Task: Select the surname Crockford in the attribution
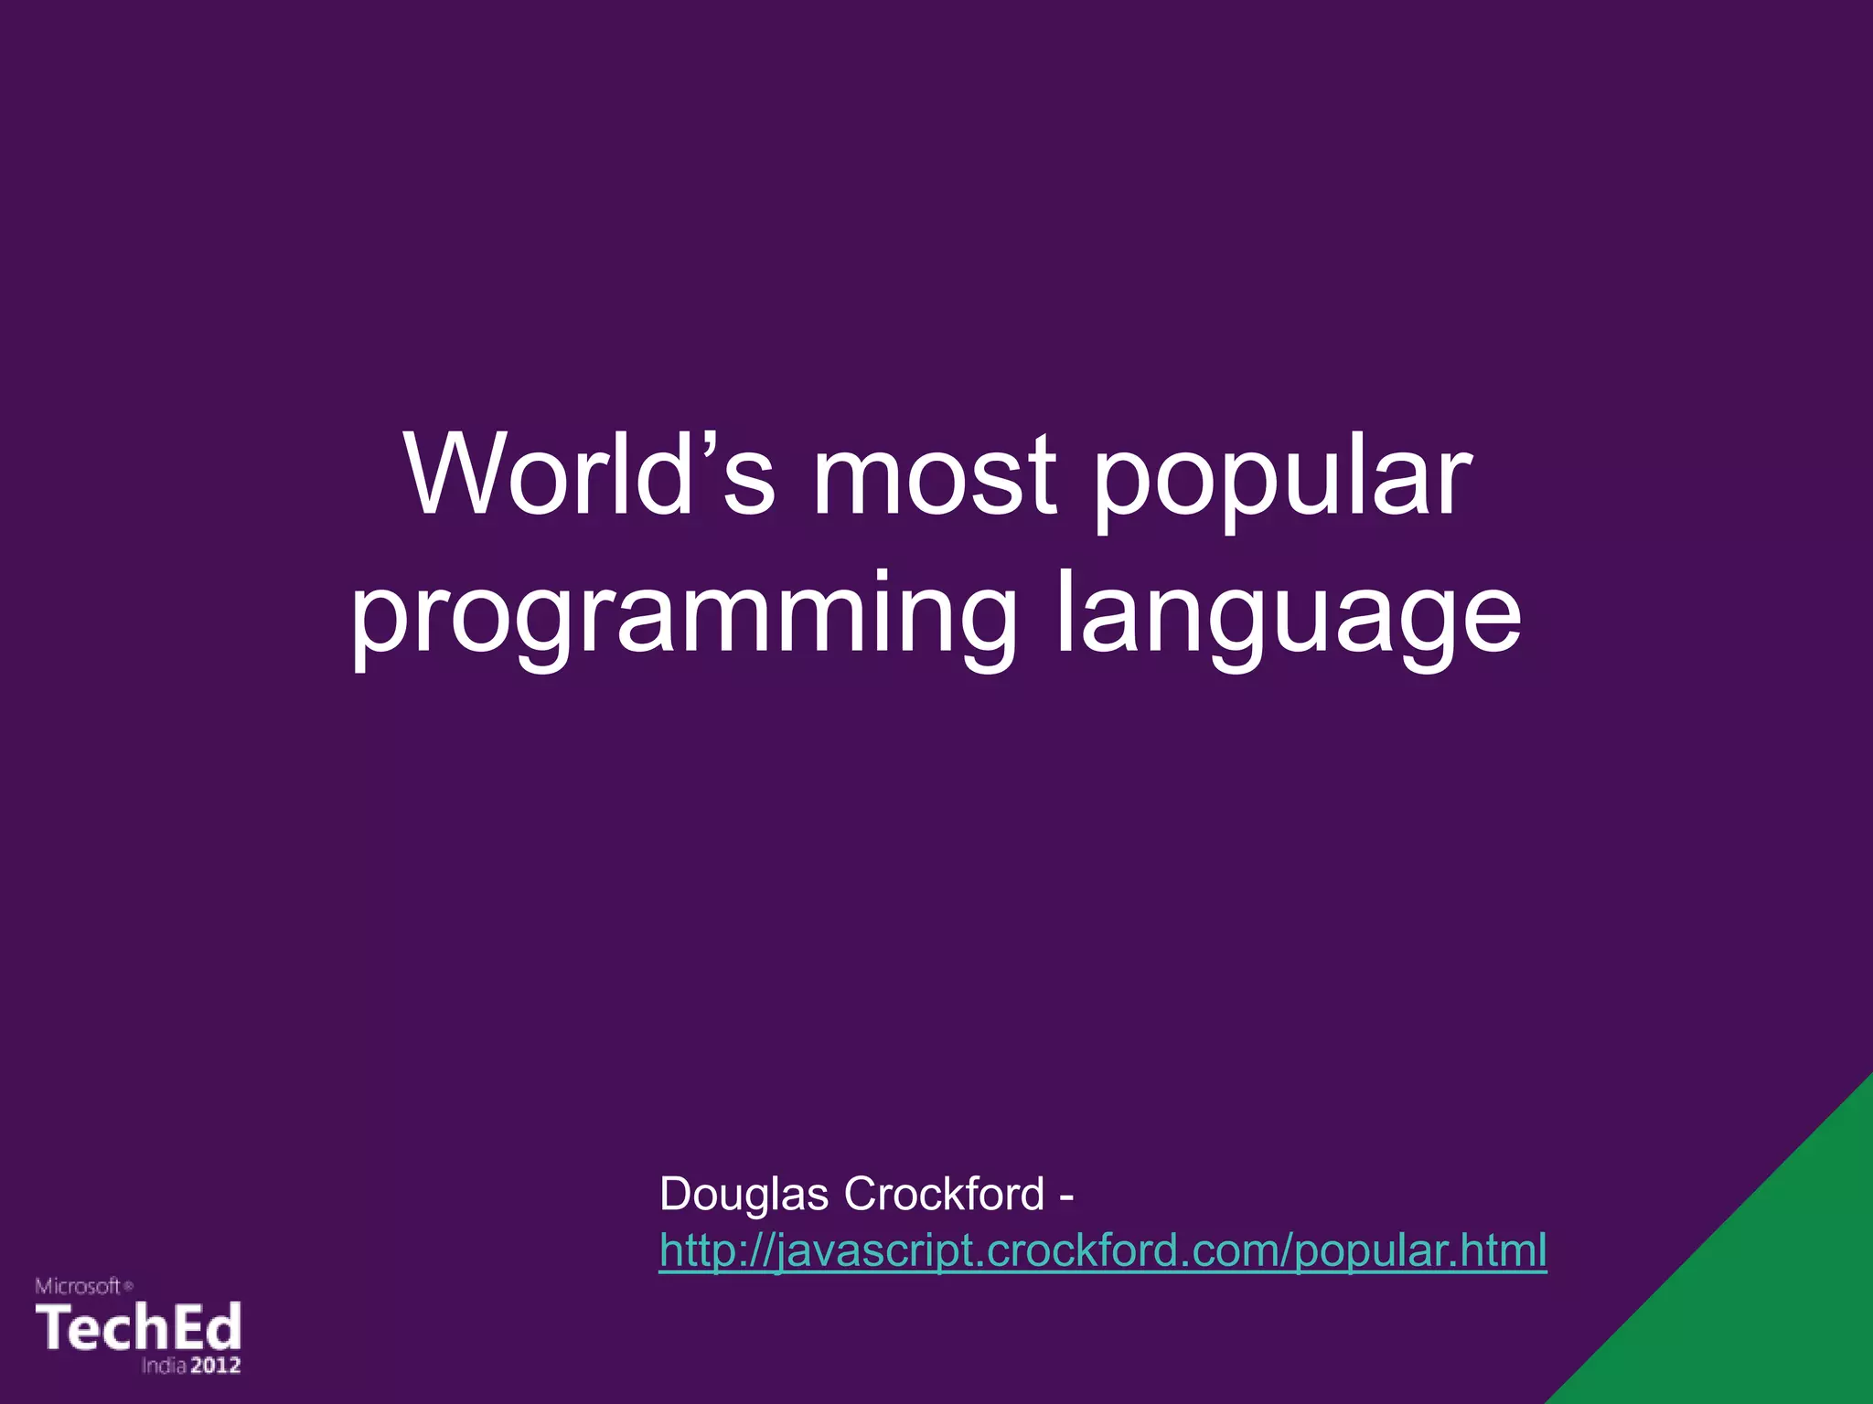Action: coord(944,1194)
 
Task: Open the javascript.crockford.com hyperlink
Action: coord(1102,1250)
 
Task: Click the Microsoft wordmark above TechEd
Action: coord(78,1287)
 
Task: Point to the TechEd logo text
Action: coord(138,1327)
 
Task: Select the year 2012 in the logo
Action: coord(216,1366)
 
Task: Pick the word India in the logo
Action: coord(165,1366)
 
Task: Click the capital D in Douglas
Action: coord(677,1194)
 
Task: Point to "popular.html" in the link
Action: coord(1420,1250)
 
